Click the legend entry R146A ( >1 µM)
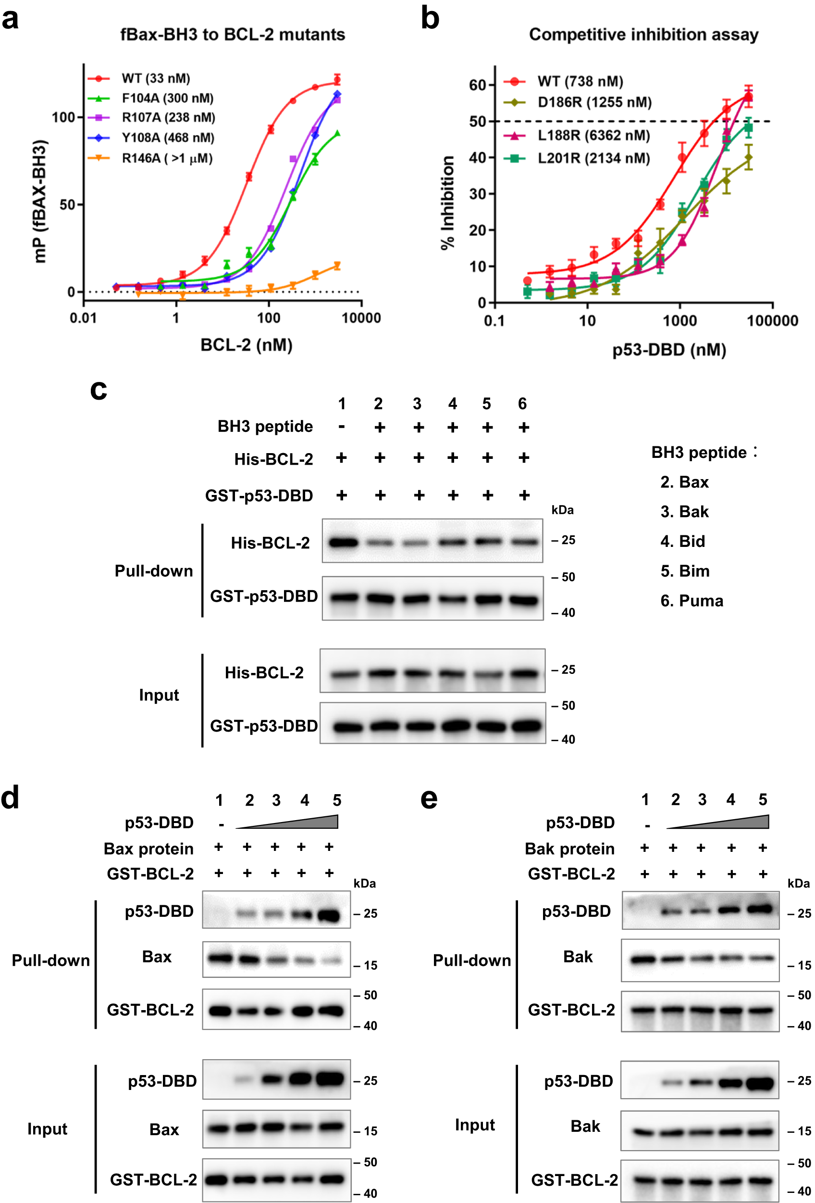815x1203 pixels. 167,158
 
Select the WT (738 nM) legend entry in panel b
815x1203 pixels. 580,81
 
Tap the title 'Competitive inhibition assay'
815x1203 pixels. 643,35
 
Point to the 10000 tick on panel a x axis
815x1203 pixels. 361,318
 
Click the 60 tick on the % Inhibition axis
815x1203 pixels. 477,85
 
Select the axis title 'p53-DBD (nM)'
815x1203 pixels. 668,350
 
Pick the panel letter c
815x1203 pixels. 98,389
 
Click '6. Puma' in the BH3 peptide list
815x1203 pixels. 692,600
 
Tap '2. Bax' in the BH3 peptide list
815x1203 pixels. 684,482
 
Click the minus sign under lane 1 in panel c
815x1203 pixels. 341,428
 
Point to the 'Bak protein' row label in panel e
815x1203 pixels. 569,849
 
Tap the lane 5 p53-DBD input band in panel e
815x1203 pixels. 760,1081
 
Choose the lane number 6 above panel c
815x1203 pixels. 522,404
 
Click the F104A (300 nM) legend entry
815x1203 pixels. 167,98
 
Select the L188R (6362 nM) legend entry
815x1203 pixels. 593,136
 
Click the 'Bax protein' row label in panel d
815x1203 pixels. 148,849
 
